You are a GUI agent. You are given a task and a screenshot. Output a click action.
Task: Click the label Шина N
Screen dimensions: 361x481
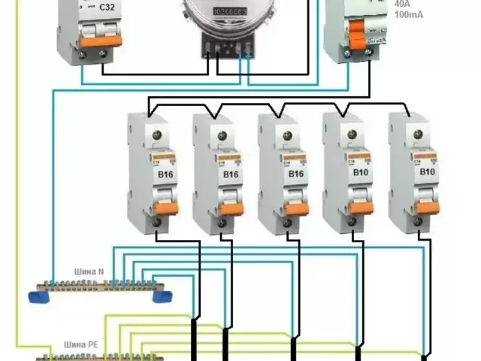click(x=89, y=271)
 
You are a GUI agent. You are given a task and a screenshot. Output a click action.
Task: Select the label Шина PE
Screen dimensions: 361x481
click(x=88, y=344)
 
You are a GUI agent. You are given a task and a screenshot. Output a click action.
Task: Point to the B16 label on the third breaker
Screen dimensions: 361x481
click(x=295, y=174)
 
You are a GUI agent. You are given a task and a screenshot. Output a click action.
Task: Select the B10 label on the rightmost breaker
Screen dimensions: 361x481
click(x=426, y=172)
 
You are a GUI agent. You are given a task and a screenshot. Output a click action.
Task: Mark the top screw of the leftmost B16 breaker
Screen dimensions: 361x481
click(x=157, y=135)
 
